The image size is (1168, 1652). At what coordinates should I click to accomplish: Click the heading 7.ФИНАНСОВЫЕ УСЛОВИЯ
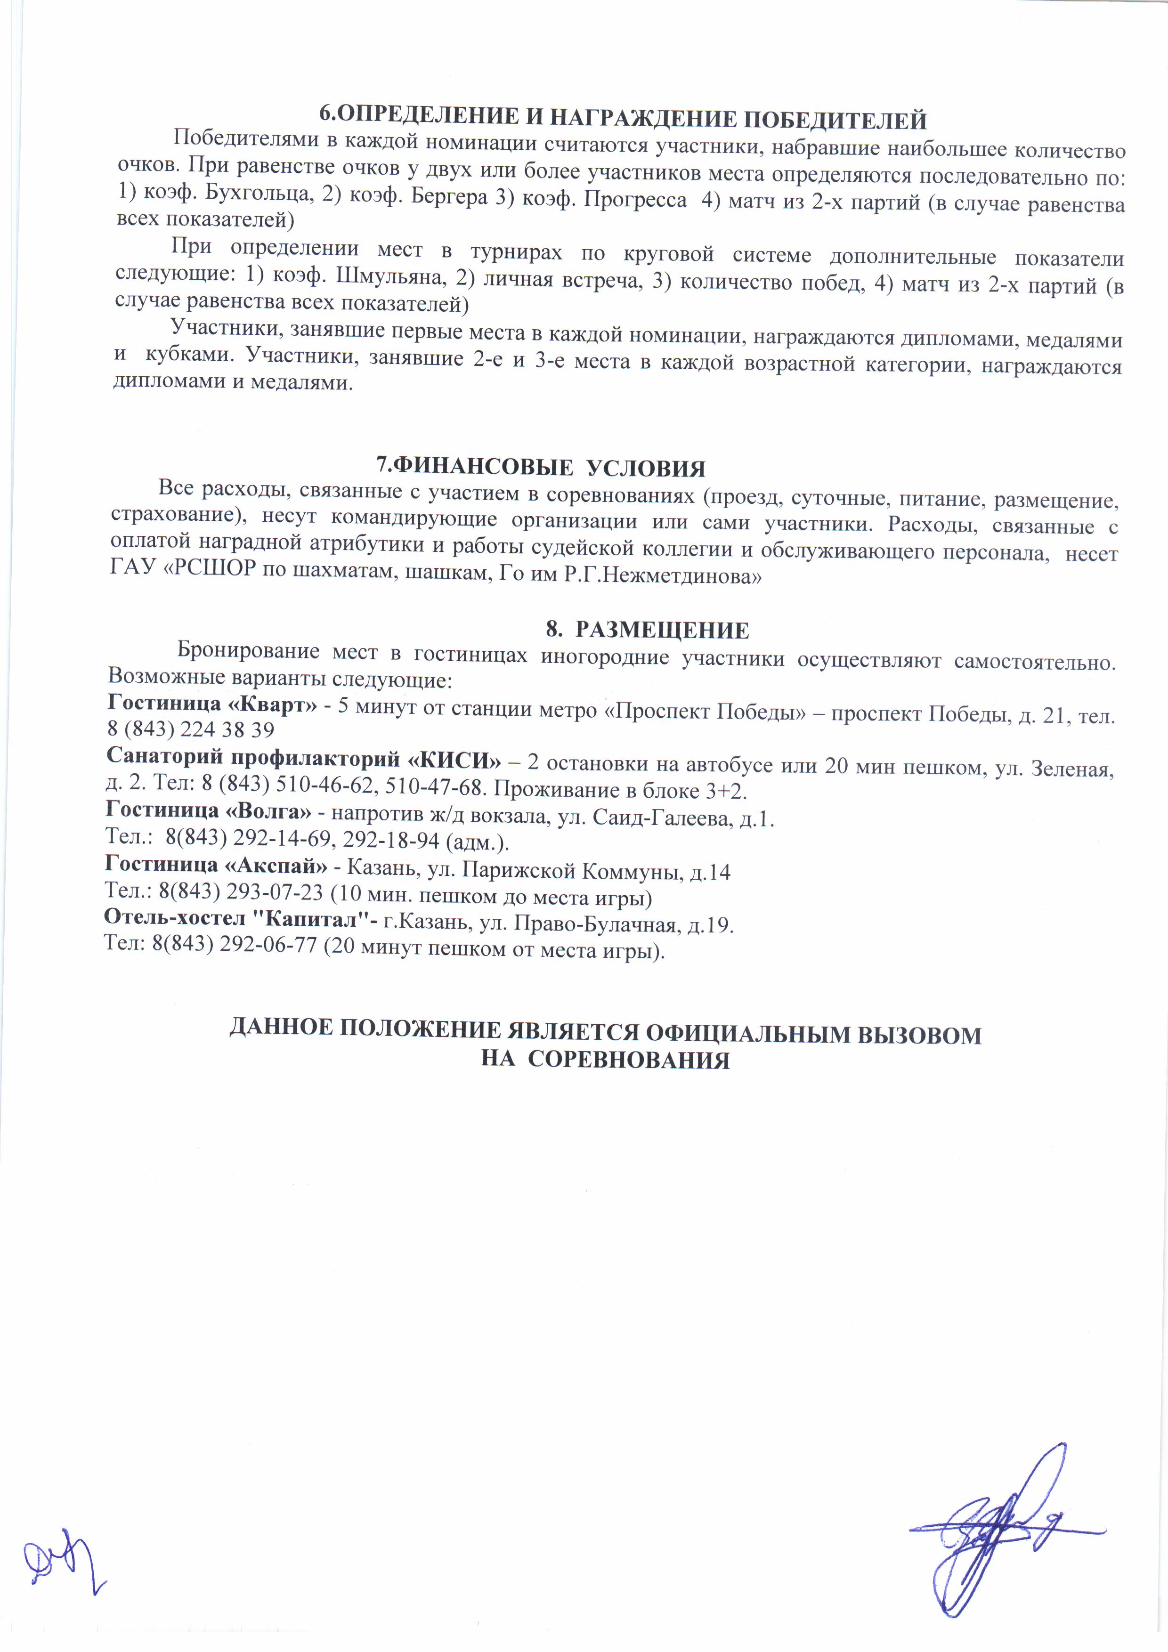[541, 468]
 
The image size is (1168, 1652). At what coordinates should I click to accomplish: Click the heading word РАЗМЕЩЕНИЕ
[662, 630]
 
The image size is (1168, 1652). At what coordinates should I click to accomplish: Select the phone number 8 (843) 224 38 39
[191, 729]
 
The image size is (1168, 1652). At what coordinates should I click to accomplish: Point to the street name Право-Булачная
[604, 924]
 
